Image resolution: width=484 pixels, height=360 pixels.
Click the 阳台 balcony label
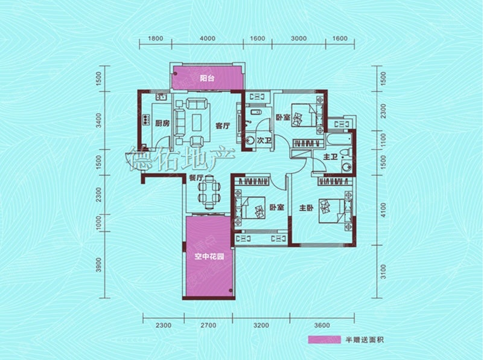207,78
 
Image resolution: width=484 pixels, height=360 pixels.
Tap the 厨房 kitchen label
162,123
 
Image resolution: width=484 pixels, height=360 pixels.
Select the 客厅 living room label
223,126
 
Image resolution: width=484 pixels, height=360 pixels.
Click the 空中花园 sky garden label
209,257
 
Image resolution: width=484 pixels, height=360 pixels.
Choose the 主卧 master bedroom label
306,208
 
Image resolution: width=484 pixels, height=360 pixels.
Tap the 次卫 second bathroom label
264,141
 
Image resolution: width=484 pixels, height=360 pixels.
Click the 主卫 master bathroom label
330,157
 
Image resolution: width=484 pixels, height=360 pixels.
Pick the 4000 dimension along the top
208,39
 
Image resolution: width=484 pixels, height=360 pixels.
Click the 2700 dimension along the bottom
208,325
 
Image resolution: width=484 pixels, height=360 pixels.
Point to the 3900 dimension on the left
99,265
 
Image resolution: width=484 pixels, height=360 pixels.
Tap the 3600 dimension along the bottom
322,325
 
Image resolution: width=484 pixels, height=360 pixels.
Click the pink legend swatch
324,339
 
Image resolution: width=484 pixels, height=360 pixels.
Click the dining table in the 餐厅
209,192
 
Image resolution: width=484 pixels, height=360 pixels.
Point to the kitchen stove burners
145,120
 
